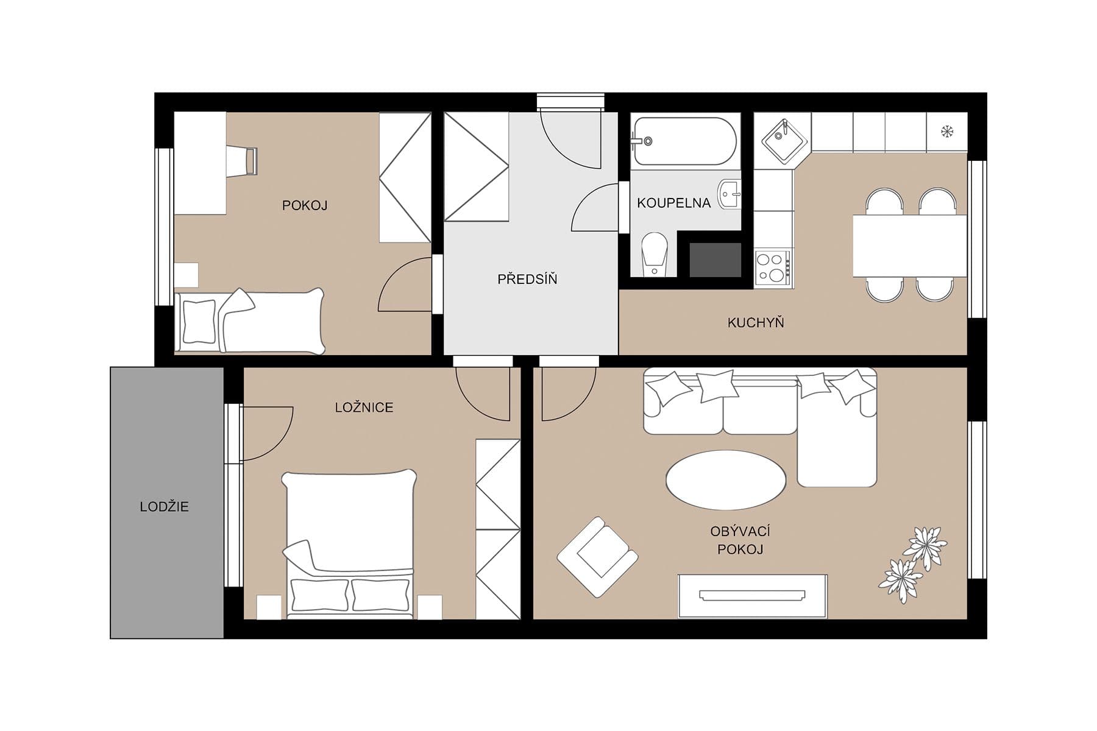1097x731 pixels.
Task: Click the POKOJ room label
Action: [x=305, y=205]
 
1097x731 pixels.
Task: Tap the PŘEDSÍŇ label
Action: [x=527, y=280]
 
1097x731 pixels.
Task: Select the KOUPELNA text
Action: [x=673, y=203]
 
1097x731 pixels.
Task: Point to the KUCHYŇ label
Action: [x=756, y=323]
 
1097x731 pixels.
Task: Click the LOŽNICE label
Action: [x=364, y=408]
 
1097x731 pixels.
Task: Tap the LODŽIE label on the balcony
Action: [x=165, y=507]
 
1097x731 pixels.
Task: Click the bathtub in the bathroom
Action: [x=684, y=141]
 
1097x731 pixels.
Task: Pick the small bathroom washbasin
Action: [x=729, y=194]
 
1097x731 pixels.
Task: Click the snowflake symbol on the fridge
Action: [x=946, y=132]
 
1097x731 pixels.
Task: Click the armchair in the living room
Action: [x=597, y=556]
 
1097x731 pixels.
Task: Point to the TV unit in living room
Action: [x=753, y=596]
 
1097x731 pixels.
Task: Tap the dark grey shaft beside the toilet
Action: [x=715, y=260]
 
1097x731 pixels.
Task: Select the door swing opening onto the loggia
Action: [x=267, y=434]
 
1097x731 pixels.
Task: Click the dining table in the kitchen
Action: [x=909, y=245]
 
